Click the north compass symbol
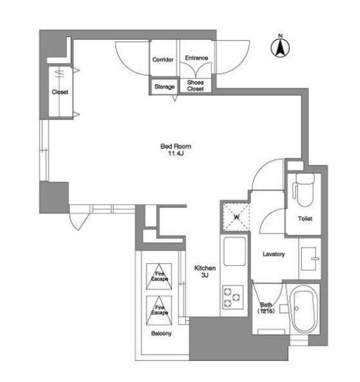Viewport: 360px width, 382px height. tap(281, 47)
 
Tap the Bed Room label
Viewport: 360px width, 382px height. tap(176, 146)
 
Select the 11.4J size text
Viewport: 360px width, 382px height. tap(176, 154)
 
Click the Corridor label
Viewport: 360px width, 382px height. tap(163, 60)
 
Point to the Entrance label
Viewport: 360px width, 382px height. tap(197, 58)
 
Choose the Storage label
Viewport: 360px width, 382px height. tap(165, 87)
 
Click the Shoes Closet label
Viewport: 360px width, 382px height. tap(195, 85)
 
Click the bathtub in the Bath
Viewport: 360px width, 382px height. tap(304, 308)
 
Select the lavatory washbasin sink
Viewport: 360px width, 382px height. tap(310, 259)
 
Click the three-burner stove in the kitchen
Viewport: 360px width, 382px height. tap(232, 297)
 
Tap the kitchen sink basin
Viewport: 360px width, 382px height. tap(234, 251)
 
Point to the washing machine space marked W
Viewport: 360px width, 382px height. tap(236, 217)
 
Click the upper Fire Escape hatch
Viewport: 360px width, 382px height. tap(159, 276)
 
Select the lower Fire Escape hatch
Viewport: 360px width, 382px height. tap(159, 310)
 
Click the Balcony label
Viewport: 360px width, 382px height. tap(161, 333)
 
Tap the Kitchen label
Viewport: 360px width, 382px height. tap(205, 268)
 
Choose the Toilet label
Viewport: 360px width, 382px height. tap(305, 219)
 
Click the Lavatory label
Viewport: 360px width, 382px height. tap(273, 254)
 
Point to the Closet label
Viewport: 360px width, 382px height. tap(60, 92)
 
